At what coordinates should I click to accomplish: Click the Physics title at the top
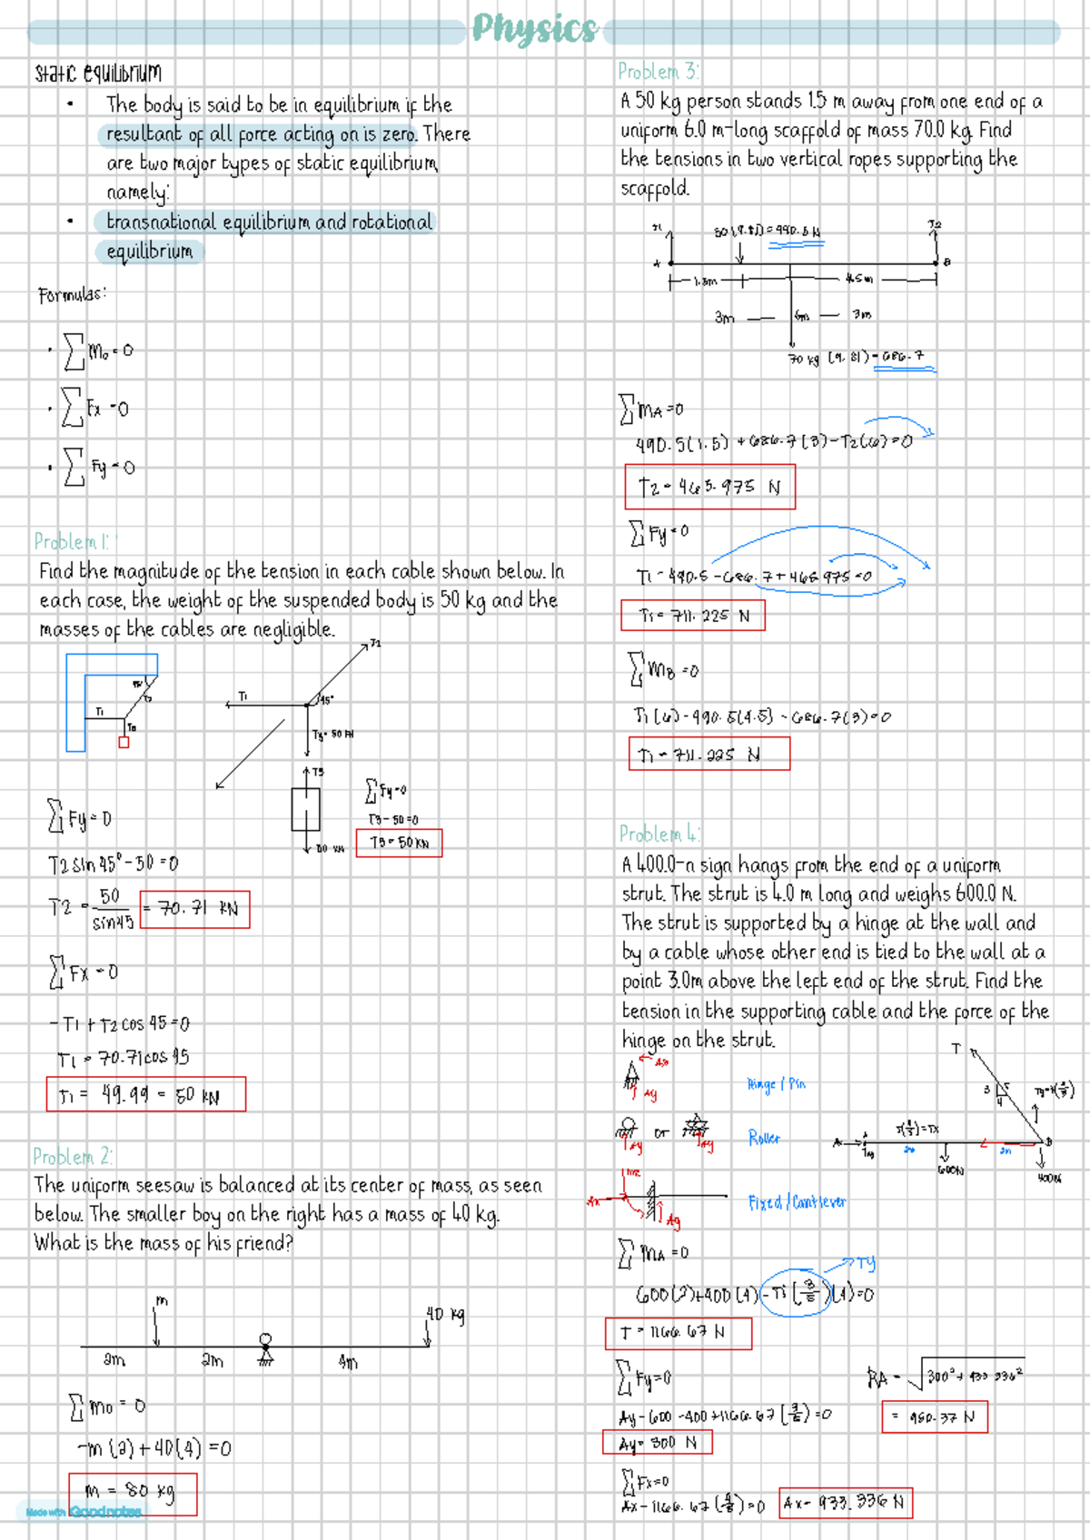534,30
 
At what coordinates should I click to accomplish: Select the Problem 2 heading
73,1157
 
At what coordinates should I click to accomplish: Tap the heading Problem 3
659,72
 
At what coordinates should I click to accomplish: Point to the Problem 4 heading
659,834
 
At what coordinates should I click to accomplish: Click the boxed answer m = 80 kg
133,1494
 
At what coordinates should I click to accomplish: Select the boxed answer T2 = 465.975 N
709,487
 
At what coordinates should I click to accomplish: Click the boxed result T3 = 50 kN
399,843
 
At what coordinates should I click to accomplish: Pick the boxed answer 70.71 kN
195,909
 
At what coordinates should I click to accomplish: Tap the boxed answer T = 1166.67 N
678,1333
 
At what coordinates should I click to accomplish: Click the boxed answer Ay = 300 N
658,1442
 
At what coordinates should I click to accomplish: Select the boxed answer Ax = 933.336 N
845,1503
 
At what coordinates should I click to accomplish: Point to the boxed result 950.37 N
934,1417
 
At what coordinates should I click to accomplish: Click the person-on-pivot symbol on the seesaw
265,1347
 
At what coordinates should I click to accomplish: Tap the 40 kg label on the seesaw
445,1314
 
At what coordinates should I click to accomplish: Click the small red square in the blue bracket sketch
124,742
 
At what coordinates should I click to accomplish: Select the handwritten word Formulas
73,295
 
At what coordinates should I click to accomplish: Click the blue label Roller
764,1138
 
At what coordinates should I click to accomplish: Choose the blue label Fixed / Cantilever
797,1202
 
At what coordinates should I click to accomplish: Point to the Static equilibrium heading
98,73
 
